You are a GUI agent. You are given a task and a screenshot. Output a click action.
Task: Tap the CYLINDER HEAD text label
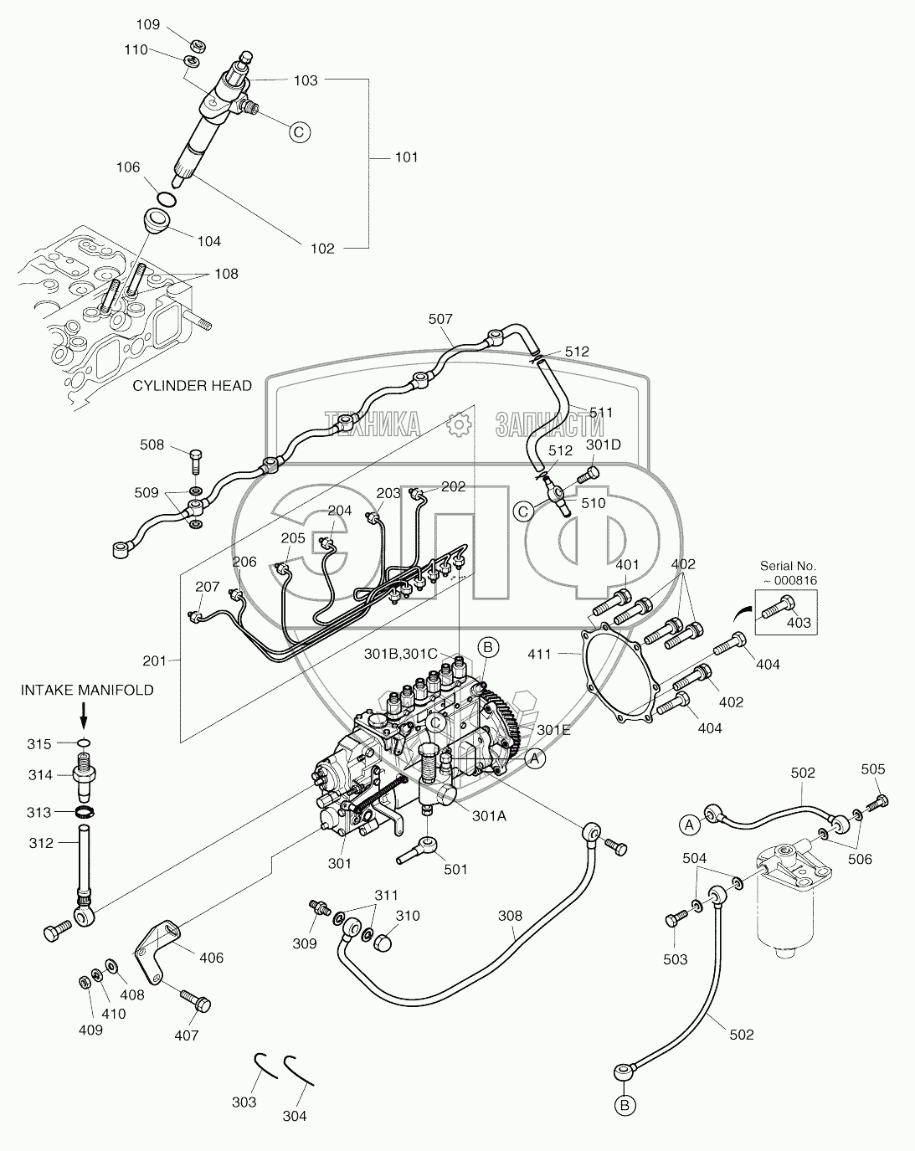[192, 385]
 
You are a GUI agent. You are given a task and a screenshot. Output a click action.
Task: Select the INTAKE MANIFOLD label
[86, 690]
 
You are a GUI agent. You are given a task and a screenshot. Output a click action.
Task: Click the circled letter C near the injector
[300, 131]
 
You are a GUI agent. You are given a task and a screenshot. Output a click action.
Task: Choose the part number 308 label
[510, 915]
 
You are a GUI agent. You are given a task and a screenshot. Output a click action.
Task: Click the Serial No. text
[788, 566]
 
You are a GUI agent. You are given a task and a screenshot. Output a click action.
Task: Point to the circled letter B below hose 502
[625, 1106]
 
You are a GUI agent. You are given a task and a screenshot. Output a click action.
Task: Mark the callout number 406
[212, 957]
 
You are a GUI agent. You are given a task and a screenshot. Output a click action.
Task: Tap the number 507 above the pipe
[440, 318]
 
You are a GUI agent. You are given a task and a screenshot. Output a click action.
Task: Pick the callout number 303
[244, 1102]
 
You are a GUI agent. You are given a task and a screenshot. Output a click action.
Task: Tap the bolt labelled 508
[195, 459]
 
